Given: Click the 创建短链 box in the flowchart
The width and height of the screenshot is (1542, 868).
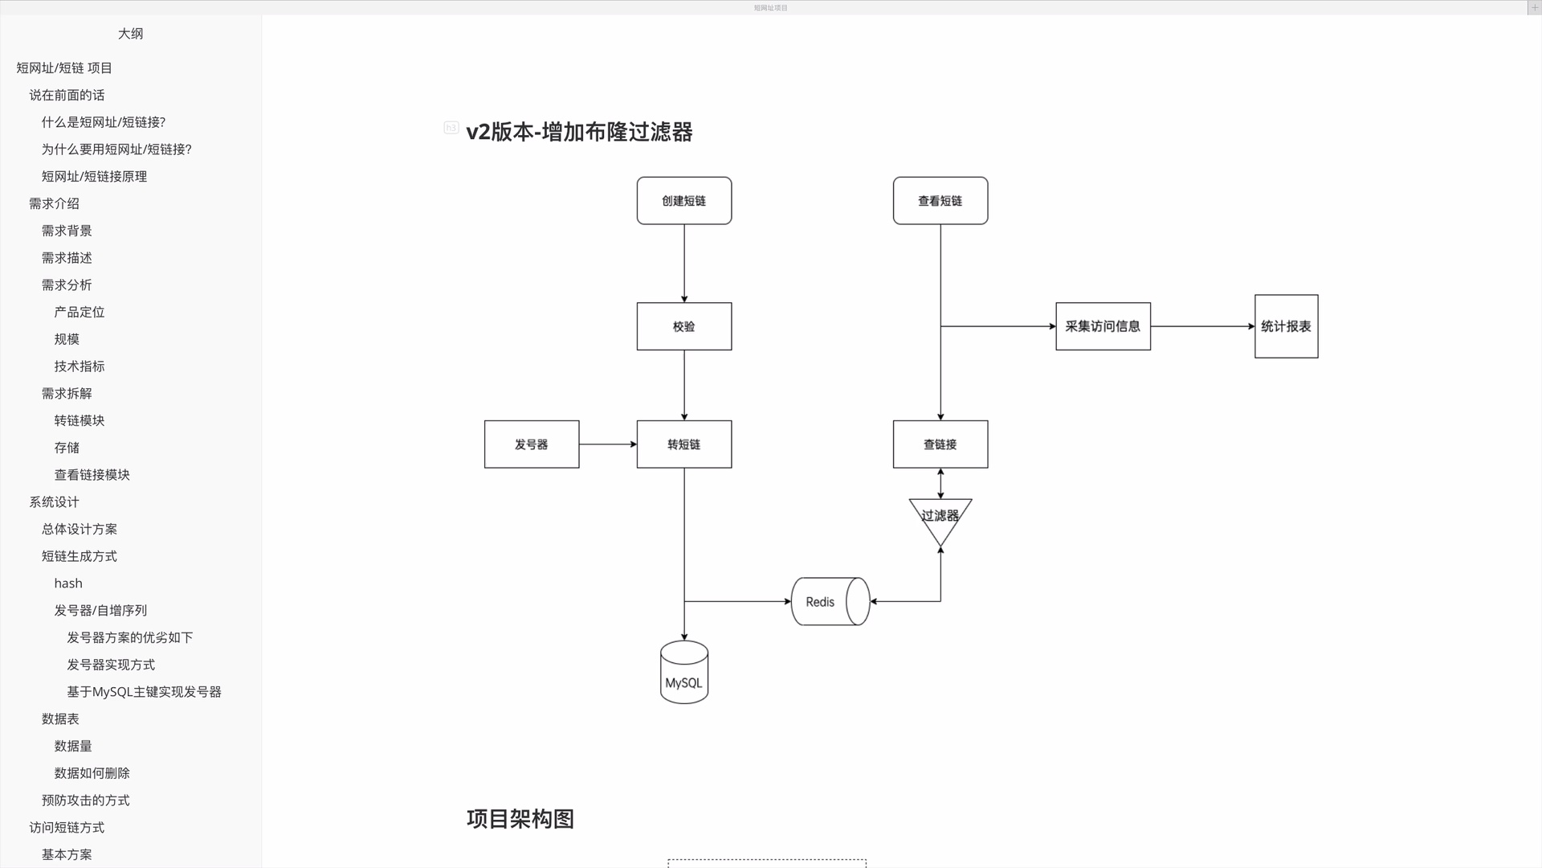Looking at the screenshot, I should (x=683, y=201).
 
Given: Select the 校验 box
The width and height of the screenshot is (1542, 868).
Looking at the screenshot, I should (x=683, y=326).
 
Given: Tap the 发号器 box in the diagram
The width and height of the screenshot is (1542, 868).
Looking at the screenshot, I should (x=531, y=444).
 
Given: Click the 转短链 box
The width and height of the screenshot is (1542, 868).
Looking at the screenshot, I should (x=683, y=444).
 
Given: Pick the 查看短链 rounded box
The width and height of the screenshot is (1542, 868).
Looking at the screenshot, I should (x=940, y=201).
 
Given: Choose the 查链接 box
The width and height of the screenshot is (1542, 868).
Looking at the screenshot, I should (x=940, y=444).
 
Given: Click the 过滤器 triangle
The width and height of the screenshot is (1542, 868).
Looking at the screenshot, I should (x=940, y=517).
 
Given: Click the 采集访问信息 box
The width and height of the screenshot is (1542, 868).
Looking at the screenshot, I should (x=1103, y=326).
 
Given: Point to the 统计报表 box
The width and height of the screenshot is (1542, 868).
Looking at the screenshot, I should (x=1286, y=326).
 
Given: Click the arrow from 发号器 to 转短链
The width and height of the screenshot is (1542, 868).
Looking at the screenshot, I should (x=608, y=444).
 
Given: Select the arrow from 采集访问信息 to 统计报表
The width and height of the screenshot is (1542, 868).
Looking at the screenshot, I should (x=1202, y=326).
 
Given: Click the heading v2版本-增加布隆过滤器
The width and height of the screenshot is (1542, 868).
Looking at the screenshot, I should (x=579, y=132).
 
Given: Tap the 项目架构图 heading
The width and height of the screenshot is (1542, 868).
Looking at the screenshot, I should (x=520, y=819).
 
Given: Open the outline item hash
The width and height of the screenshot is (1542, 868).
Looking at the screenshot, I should (x=68, y=583).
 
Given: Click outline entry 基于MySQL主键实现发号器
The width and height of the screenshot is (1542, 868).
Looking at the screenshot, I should (x=144, y=692).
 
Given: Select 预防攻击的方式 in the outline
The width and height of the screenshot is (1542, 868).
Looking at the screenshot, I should (x=85, y=800).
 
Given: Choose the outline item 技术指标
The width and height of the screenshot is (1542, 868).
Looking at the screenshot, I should (x=80, y=366).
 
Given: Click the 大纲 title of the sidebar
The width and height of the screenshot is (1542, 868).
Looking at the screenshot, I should (x=130, y=34).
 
